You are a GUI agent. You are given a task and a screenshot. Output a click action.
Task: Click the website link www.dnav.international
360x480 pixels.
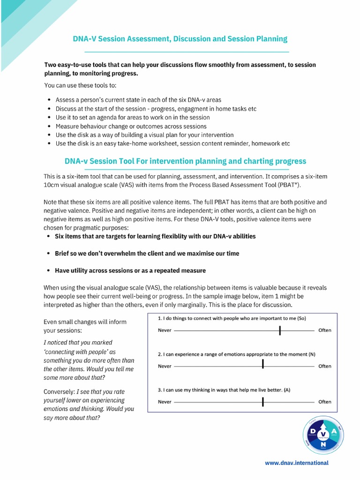(297, 463)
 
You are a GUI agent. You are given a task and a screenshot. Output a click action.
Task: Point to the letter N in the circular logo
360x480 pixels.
(323, 442)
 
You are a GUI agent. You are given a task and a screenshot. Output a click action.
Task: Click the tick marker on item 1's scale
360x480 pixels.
(280, 330)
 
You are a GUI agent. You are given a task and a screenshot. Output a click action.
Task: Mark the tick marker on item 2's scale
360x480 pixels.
(263, 364)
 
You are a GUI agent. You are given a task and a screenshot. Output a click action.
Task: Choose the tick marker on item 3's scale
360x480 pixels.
(263, 402)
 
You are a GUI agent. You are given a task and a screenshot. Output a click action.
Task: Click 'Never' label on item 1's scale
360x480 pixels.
(165, 330)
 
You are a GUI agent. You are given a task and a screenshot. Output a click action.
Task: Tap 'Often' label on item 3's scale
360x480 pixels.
(325, 402)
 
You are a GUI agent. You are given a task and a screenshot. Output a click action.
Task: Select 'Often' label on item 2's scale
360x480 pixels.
(325, 366)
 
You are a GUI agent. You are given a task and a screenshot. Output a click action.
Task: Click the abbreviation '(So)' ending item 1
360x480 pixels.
(301, 318)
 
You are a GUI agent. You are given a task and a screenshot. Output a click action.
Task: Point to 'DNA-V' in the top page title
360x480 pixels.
(85, 39)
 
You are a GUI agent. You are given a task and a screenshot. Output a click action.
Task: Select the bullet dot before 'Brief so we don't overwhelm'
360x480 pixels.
(49, 254)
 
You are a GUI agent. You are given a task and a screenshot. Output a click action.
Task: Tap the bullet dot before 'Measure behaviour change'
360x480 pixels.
(50, 127)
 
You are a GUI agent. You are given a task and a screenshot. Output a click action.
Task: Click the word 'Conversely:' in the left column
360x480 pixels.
(60, 391)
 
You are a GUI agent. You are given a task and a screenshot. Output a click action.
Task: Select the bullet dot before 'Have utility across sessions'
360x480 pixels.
(49, 271)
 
